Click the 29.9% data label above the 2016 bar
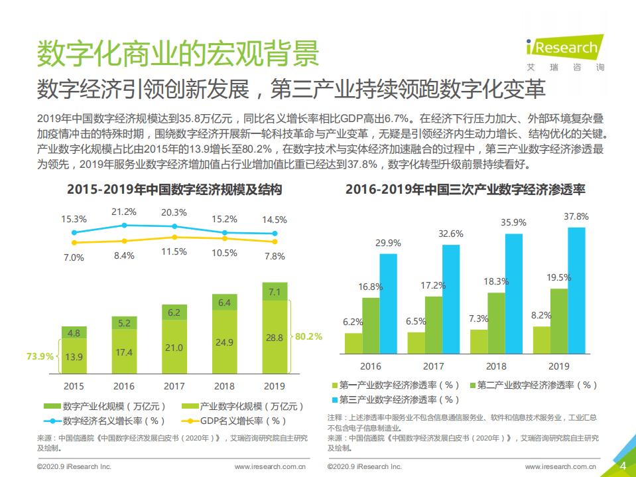(x=387, y=243)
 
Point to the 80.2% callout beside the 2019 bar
(x=308, y=336)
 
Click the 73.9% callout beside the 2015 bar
(x=40, y=356)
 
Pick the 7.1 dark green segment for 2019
(x=275, y=292)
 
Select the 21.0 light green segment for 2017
(x=174, y=348)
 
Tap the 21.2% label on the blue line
(x=124, y=212)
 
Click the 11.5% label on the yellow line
(x=174, y=252)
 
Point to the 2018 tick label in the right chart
(x=496, y=366)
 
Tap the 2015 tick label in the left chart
(x=74, y=386)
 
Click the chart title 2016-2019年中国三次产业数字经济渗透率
(x=465, y=190)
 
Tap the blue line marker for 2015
(x=74, y=232)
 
